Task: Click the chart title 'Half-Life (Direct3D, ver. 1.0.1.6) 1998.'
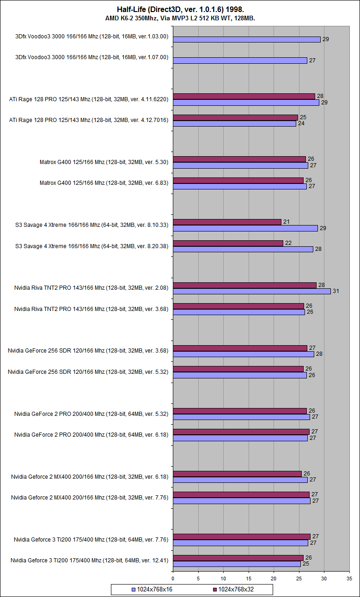180,9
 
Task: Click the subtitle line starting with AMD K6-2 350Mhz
180,18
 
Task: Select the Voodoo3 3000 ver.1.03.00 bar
247,39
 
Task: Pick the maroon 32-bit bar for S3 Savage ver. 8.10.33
227,222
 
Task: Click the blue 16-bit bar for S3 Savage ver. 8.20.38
243,249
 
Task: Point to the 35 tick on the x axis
349,578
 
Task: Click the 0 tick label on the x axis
173,578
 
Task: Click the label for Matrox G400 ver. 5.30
104,162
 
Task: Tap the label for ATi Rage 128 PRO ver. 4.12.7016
89,120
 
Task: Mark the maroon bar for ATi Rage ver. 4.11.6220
244,96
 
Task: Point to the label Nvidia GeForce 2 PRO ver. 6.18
91,435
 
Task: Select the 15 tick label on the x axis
249,578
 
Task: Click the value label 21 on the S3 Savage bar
286,222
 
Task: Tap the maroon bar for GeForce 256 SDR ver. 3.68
240,348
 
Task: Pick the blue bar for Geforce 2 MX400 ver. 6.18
240,480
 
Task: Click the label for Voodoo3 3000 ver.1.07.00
92,57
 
